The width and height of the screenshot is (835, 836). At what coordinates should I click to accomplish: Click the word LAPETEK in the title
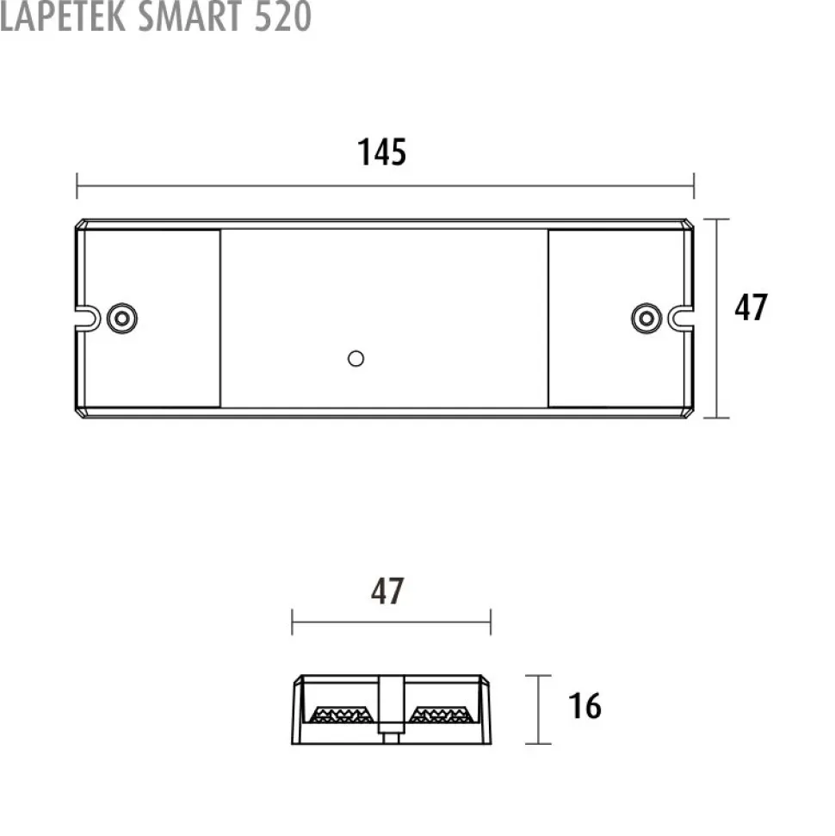click(x=63, y=16)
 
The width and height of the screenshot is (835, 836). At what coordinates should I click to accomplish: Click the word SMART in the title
click(x=189, y=16)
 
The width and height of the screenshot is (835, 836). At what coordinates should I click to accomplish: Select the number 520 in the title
click(x=282, y=16)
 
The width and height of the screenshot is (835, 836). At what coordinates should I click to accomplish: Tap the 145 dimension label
click(x=381, y=152)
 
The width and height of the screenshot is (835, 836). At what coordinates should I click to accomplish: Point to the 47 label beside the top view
click(x=751, y=307)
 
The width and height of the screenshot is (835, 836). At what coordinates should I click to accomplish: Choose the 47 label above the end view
click(x=387, y=591)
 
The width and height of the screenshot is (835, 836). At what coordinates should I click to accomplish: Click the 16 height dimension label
click(x=584, y=706)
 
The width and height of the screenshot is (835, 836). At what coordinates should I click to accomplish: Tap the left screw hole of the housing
click(x=122, y=319)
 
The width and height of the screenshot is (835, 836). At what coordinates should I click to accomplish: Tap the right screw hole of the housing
click(x=646, y=319)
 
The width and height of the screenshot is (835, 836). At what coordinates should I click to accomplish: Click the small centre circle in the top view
click(x=356, y=359)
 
